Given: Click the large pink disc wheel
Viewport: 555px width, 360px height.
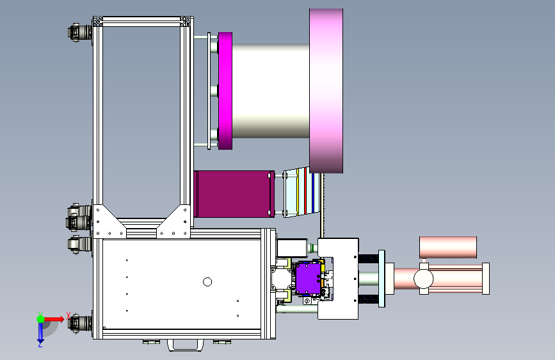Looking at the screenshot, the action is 326,91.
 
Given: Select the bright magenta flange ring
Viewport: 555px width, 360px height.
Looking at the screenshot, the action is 225,91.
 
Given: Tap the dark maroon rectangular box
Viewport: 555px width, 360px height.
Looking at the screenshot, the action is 234,194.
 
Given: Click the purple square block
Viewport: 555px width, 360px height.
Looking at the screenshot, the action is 308,279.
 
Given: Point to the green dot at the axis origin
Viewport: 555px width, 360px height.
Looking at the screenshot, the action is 41,319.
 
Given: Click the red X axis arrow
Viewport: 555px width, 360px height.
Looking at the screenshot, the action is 54,319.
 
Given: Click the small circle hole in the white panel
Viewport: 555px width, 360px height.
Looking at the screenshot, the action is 207,282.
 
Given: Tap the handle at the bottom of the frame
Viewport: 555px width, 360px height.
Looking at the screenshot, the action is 186,345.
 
